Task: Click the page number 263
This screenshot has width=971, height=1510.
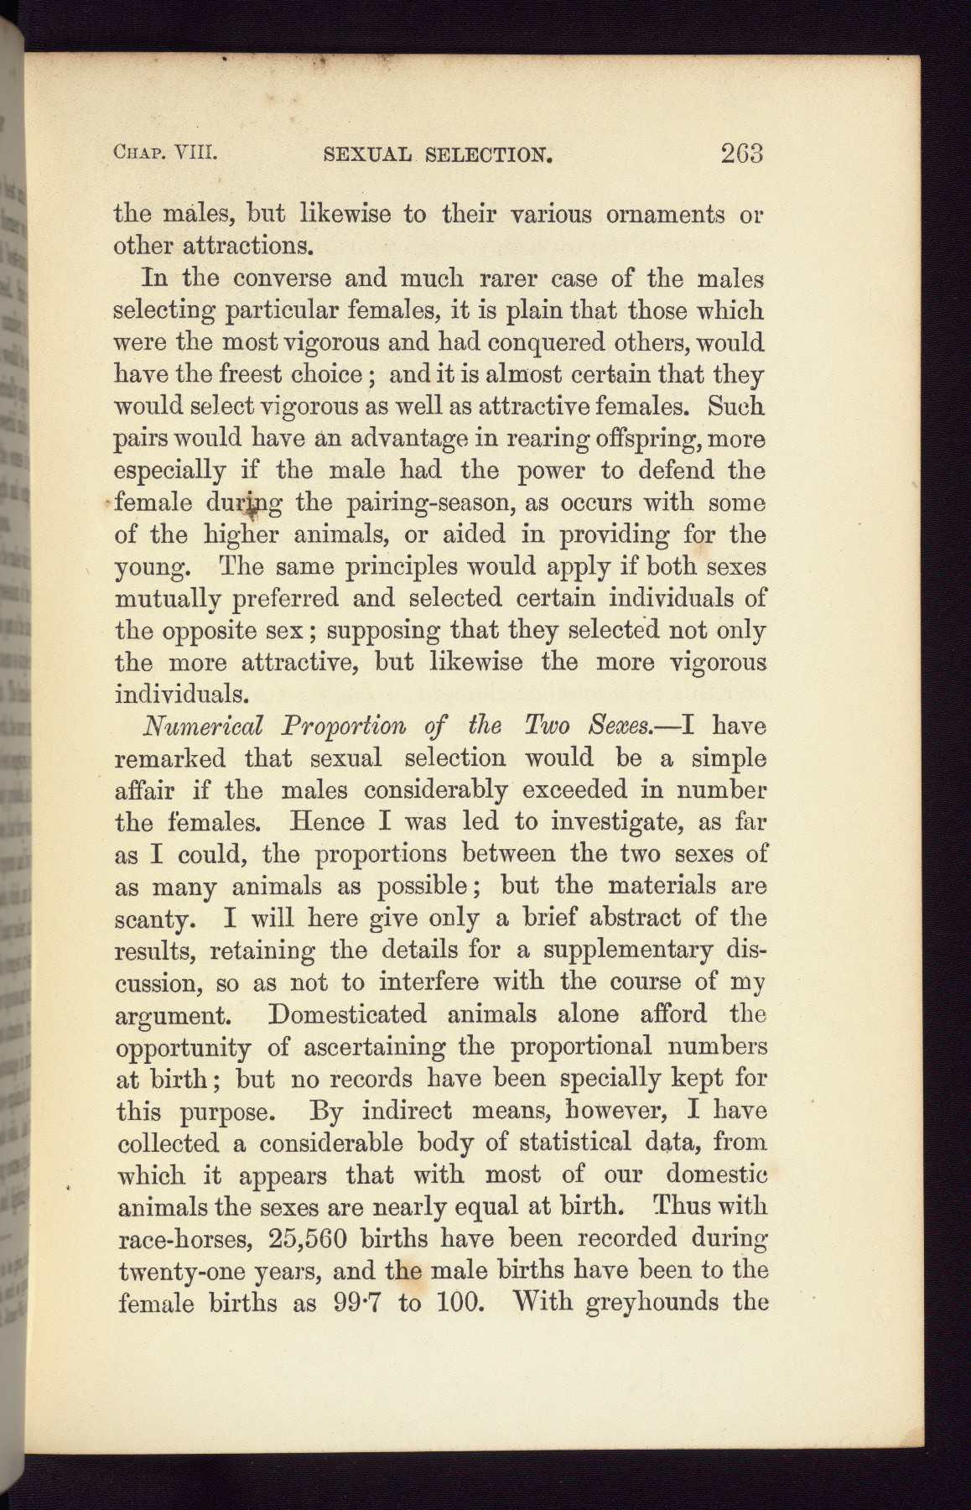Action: point(740,154)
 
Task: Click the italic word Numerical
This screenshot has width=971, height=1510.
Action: point(204,726)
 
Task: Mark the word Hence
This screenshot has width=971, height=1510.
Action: point(327,822)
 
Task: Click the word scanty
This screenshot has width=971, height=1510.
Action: point(154,919)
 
